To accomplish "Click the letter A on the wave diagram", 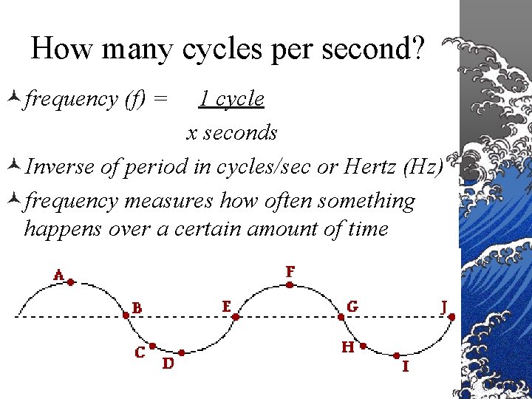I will coord(58,274).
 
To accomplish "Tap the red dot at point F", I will coord(290,282).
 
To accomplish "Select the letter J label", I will coord(444,305).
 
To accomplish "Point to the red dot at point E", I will coord(236,316).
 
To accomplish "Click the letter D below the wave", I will coord(168,363).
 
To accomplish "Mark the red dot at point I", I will coord(397,355).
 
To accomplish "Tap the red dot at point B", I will coord(126,315).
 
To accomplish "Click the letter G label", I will coord(353,306).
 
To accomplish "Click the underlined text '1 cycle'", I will coord(231,98).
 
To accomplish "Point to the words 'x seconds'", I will coord(231,132).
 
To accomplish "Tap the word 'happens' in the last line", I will coord(63,228).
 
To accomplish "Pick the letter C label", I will coord(140,352).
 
